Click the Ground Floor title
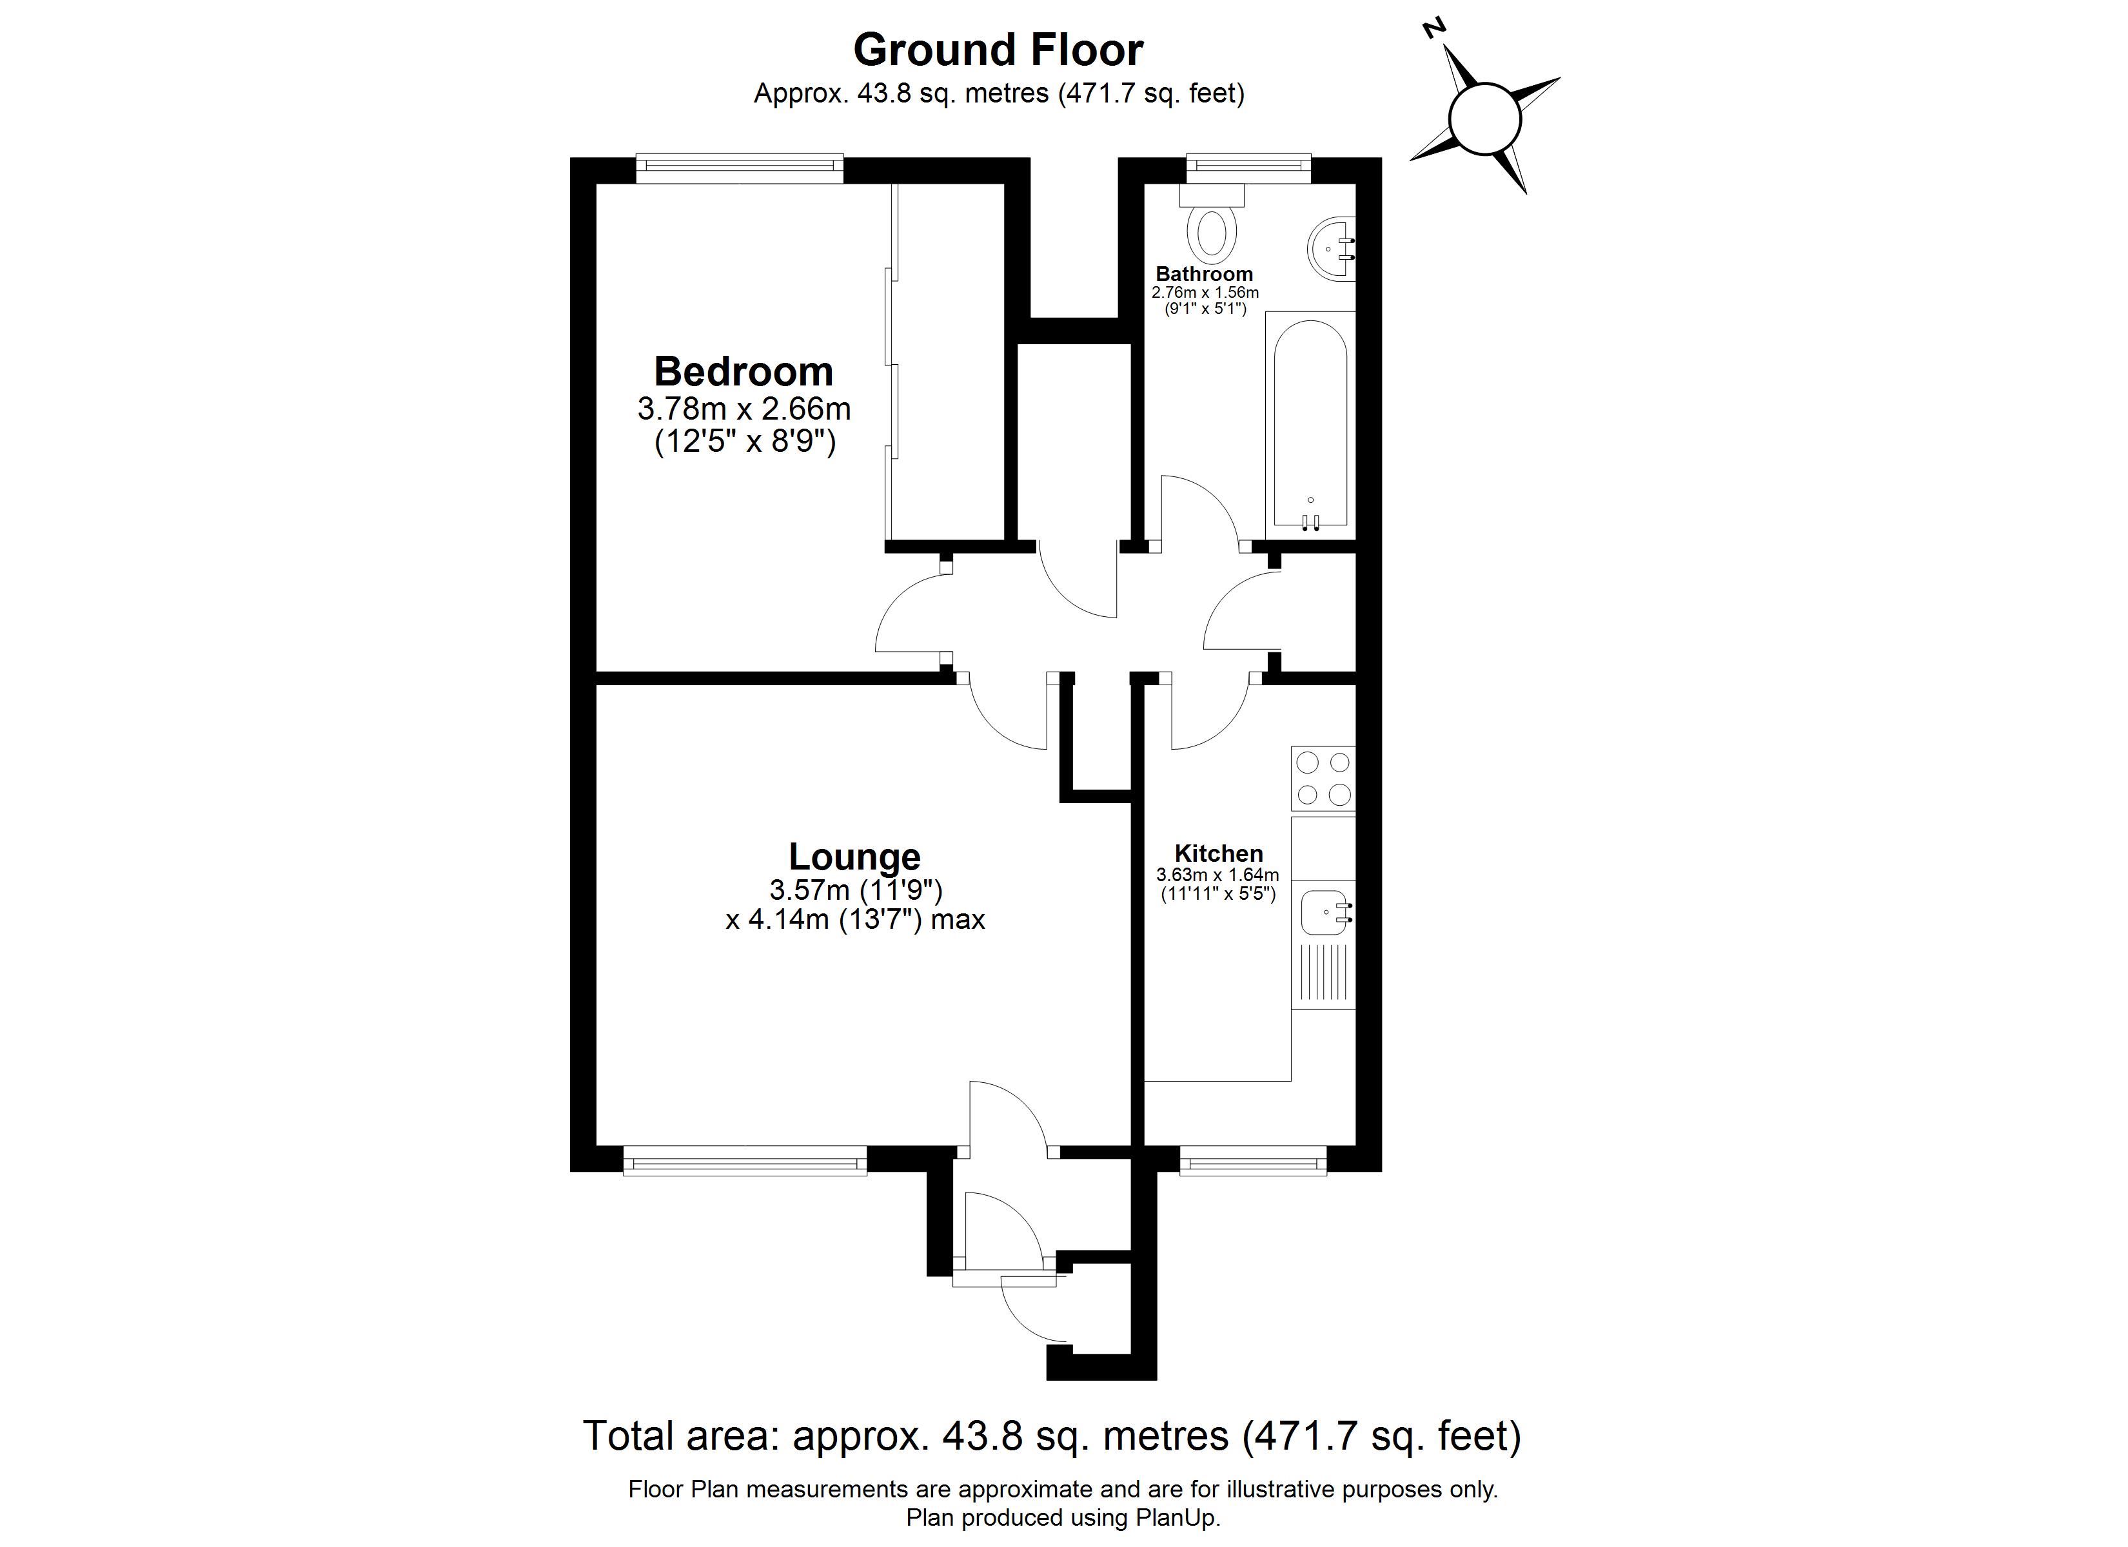click(x=998, y=50)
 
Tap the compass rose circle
click(x=1484, y=119)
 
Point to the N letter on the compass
click(x=1433, y=29)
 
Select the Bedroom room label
click(x=743, y=371)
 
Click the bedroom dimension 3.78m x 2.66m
click(x=744, y=409)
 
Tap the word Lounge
click(x=855, y=857)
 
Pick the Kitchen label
click(x=1219, y=853)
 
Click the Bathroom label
click(x=1205, y=274)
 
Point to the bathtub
click(x=1311, y=426)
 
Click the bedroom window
click(x=740, y=169)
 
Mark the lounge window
click(x=745, y=1160)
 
